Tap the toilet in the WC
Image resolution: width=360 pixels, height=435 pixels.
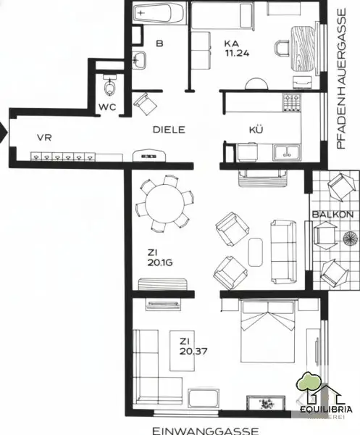[109, 87]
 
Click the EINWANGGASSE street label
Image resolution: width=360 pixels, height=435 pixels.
[205, 430]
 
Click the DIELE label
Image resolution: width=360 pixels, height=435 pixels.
[169, 130]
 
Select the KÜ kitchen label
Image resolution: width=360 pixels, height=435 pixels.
[255, 130]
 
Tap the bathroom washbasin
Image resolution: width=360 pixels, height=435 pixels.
[141, 60]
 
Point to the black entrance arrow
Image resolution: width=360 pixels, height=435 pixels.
[4, 133]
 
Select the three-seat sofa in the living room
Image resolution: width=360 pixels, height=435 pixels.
[282, 252]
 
